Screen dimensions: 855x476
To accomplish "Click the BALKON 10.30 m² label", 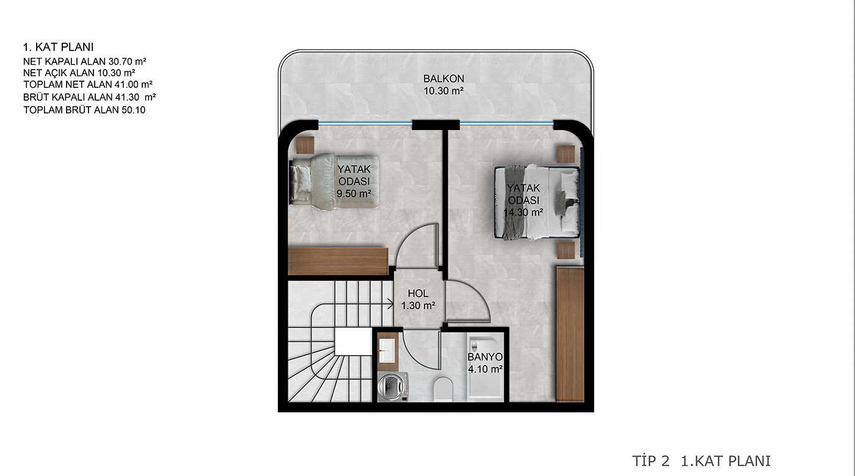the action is (x=443, y=85).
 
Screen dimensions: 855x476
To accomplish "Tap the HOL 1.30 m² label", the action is (x=418, y=300).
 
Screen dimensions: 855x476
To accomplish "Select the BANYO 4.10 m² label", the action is (x=485, y=362).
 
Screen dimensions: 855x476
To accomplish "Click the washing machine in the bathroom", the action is (x=393, y=386).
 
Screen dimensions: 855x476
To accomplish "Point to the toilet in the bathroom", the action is (x=443, y=389).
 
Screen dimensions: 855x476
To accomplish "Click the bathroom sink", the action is (x=387, y=350).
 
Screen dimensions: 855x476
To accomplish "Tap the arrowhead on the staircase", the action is (x=391, y=304).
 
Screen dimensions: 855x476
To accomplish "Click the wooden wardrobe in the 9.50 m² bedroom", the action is (x=338, y=261).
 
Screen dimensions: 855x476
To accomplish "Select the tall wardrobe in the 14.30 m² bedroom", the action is (x=570, y=334).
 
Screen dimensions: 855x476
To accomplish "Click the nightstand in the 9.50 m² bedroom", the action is (x=305, y=145).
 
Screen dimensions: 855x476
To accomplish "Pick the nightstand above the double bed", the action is (x=566, y=154).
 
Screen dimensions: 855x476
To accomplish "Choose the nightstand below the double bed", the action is (x=566, y=250).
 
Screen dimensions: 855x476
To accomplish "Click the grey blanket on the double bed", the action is (x=514, y=202).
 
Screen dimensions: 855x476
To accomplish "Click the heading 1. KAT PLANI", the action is (x=59, y=48).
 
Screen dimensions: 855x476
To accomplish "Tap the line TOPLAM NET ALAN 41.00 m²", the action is (x=88, y=84).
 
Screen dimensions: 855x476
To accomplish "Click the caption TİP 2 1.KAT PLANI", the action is (x=702, y=461).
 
